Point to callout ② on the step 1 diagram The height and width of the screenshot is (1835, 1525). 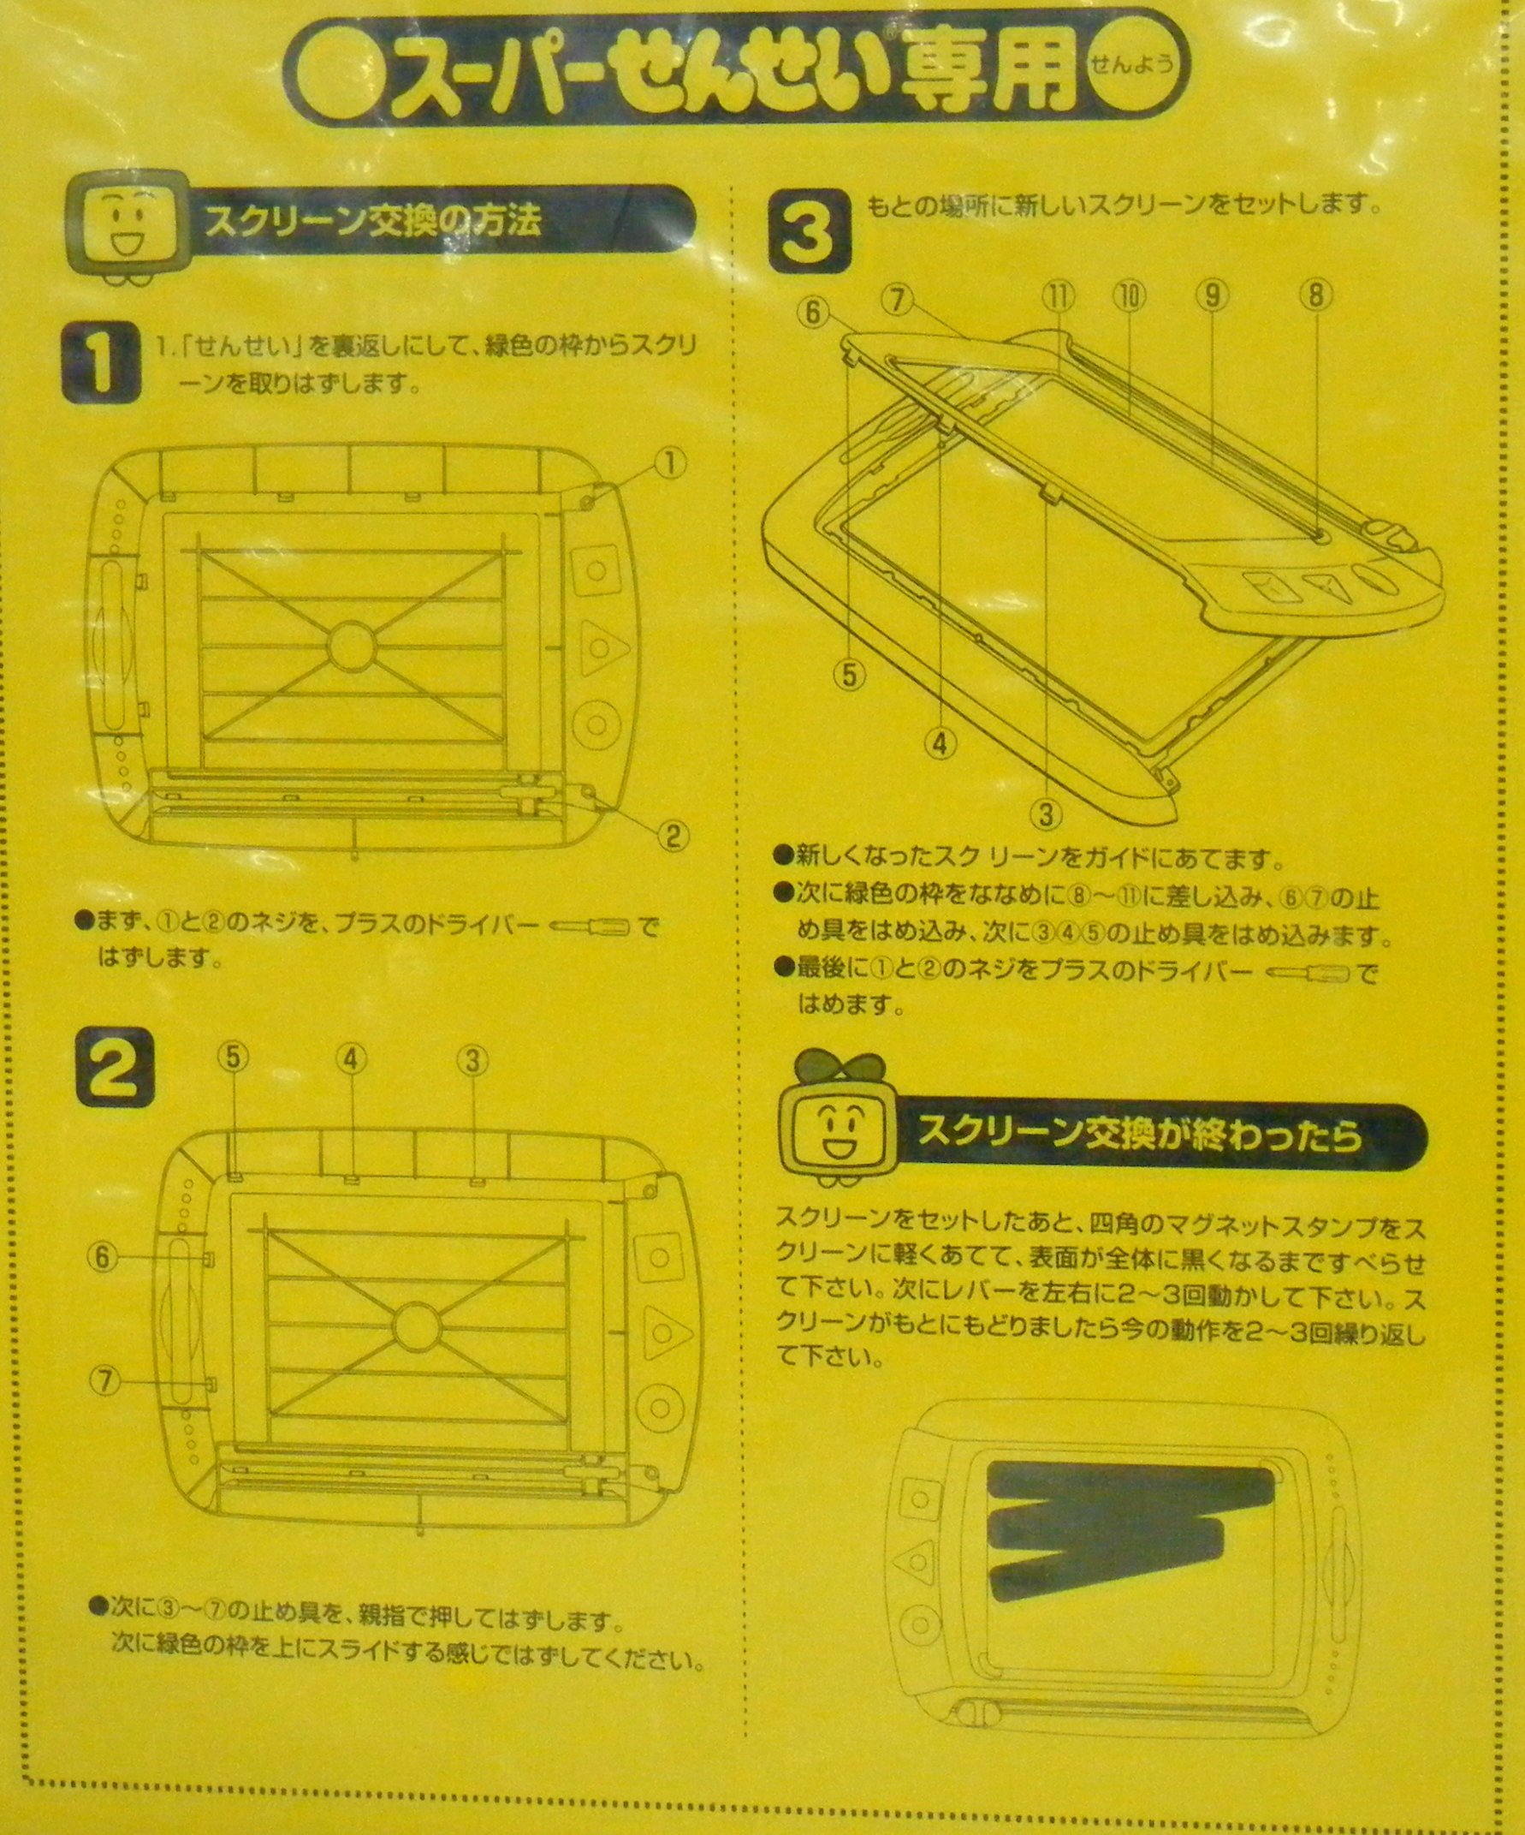(672, 837)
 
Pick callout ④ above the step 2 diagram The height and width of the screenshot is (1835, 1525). (350, 1061)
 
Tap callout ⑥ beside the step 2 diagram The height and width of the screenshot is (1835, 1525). (102, 1257)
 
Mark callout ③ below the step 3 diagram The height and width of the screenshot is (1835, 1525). (1045, 814)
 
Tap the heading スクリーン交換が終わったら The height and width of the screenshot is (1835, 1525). (1139, 1135)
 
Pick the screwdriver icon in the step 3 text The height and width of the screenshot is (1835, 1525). (1308, 973)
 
